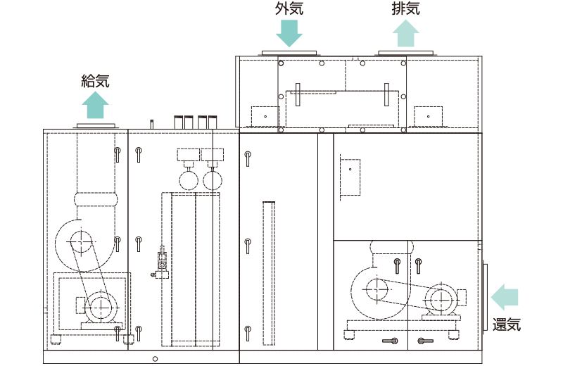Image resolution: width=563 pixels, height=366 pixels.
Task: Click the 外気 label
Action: (289, 8)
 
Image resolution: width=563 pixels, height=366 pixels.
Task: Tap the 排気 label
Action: (406, 8)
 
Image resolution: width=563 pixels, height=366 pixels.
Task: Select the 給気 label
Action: (95, 81)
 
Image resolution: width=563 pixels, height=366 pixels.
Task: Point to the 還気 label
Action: (506, 324)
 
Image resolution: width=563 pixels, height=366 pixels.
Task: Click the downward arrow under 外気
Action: (289, 33)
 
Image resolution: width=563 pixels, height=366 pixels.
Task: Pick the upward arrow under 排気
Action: (406, 33)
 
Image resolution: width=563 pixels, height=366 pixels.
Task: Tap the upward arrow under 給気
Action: (95, 105)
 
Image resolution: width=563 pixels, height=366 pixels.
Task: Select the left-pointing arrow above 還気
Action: (505, 297)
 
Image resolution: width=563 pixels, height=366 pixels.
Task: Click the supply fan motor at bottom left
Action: (100, 308)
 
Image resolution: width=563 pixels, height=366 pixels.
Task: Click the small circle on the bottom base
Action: (155, 358)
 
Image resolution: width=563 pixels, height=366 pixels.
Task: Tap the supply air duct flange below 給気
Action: (96, 126)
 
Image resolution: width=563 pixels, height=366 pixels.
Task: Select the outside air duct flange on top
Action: (289, 53)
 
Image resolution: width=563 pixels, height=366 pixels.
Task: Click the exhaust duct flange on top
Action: (406, 53)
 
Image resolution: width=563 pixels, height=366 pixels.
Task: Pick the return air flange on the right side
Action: (485, 297)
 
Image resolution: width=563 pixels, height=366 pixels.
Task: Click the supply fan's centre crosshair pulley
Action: (81, 242)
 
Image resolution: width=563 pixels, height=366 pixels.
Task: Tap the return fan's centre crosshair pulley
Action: (377, 289)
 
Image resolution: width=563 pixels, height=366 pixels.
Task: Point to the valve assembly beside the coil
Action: (161, 263)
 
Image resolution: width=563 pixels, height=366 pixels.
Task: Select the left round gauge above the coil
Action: (189, 180)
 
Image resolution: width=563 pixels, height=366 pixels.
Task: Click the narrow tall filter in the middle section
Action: (269, 273)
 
